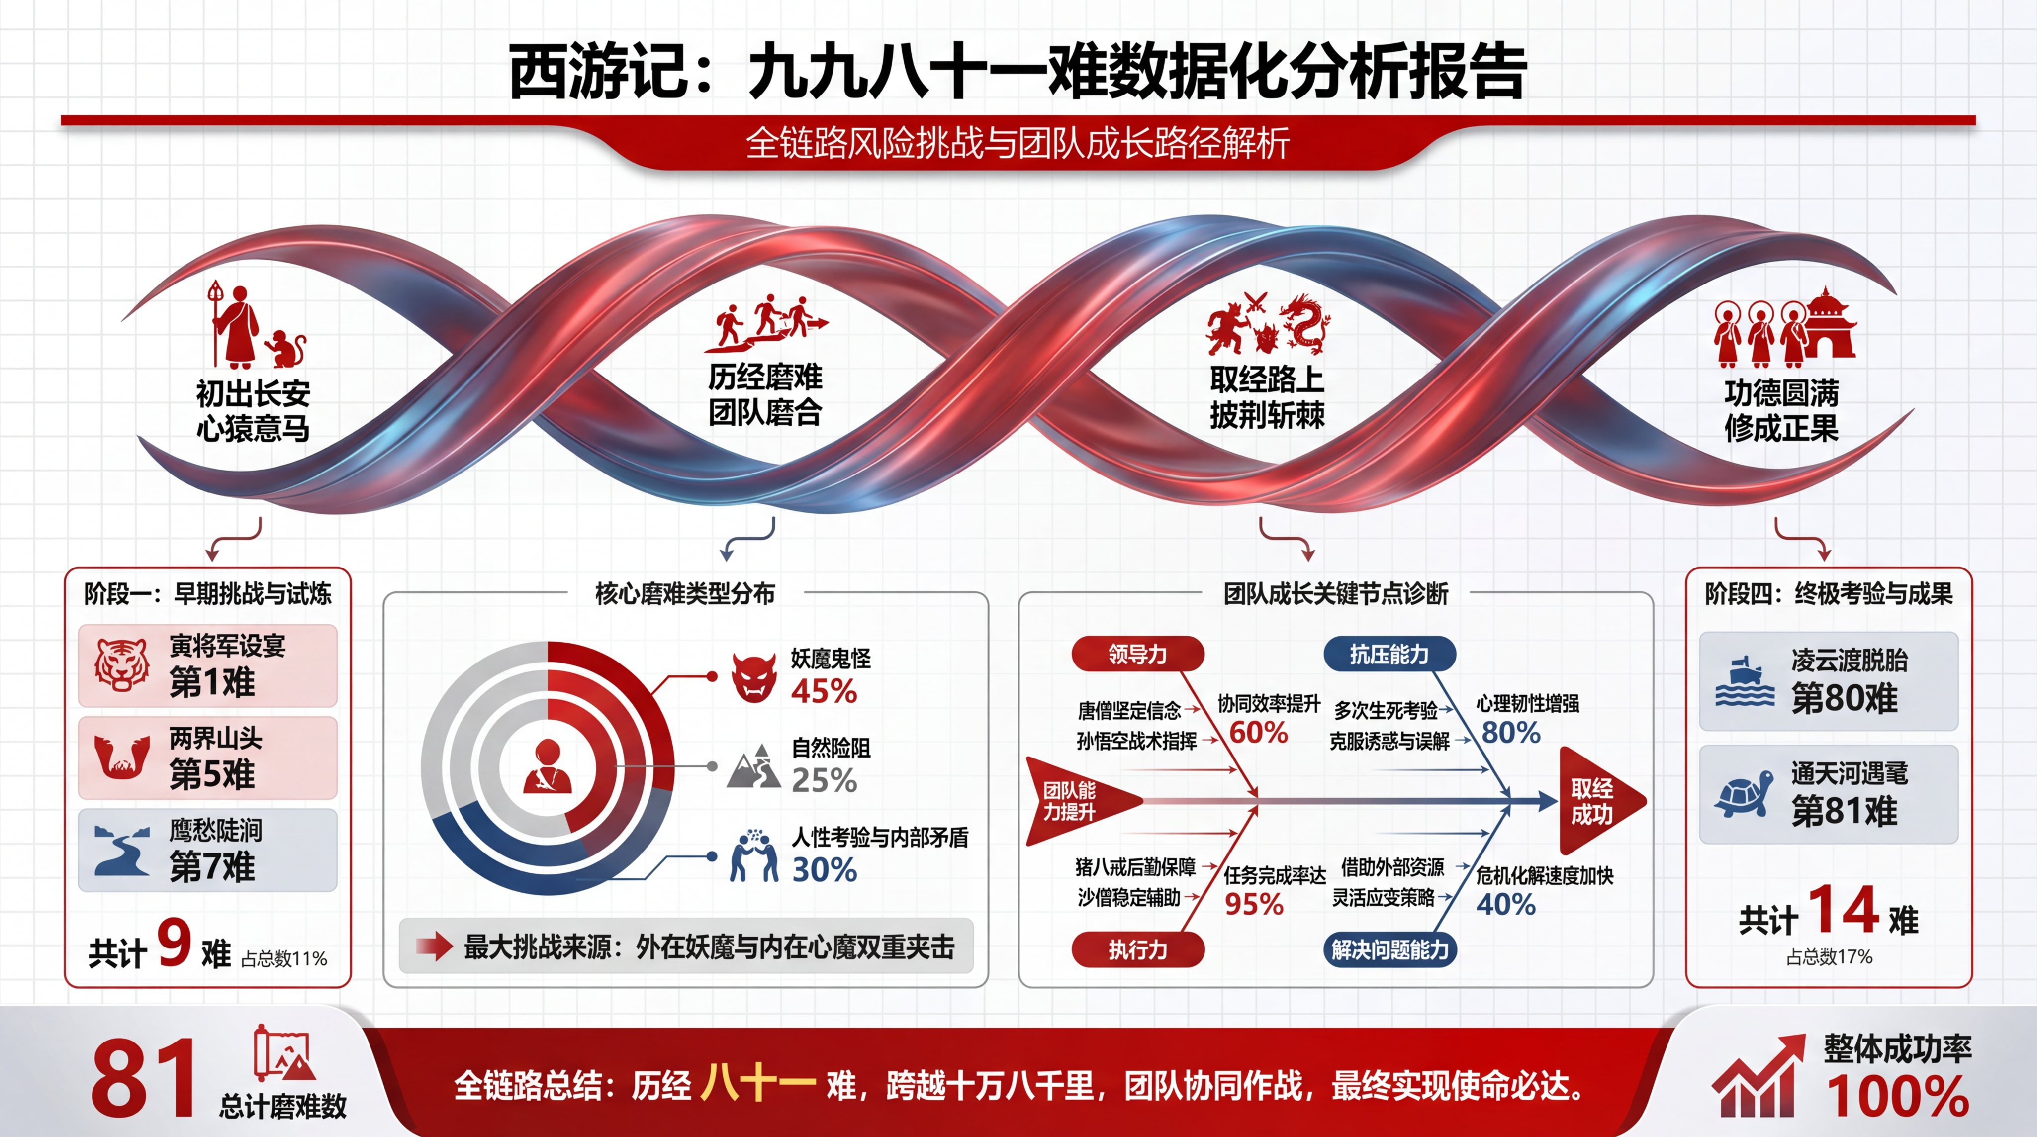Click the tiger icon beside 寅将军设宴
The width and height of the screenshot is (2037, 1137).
pyautogui.click(x=122, y=665)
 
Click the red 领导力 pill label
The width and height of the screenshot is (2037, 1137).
pyautogui.click(x=1138, y=654)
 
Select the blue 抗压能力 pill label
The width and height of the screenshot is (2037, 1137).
pyautogui.click(x=1389, y=654)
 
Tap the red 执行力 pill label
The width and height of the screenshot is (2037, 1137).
pyautogui.click(x=1138, y=949)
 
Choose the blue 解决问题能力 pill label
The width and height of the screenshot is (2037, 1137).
pyautogui.click(x=1389, y=949)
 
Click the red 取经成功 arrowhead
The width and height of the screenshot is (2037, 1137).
pyautogui.click(x=1602, y=801)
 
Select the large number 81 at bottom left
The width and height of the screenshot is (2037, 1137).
pyautogui.click(x=143, y=1078)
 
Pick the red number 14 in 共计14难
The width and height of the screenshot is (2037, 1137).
pyautogui.click(x=1843, y=910)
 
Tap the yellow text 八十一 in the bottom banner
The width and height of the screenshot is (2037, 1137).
pyautogui.click(x=758, y=1084)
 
